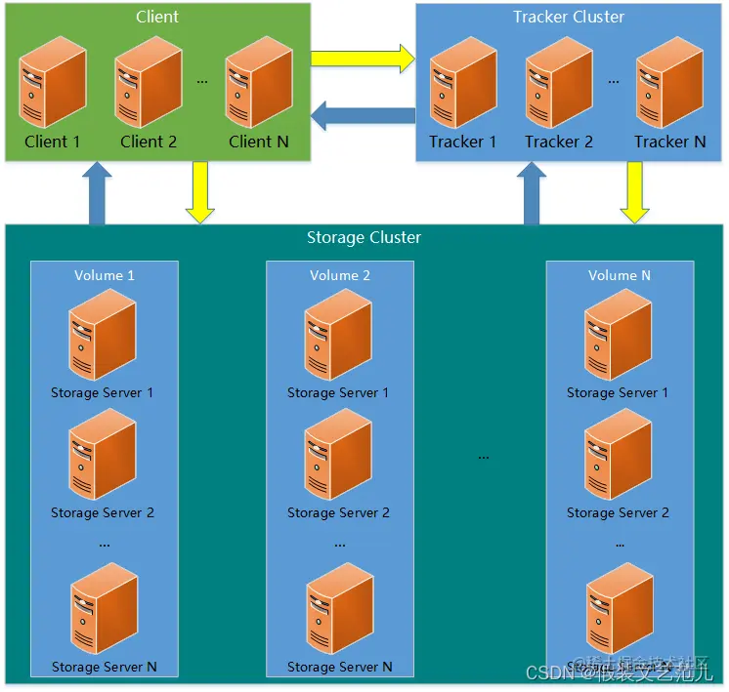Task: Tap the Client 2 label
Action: coord(149,142)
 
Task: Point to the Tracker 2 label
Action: coord(559,142)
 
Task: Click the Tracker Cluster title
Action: coord(569,17)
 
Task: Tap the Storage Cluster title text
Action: coord(364,237)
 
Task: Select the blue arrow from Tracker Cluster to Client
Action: coord(363,117)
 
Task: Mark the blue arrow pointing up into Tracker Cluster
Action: coord(532,192)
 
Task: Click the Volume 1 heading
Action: coord(105,275)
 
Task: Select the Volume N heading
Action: coord(620,275)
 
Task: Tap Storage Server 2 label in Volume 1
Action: coord(103,512)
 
